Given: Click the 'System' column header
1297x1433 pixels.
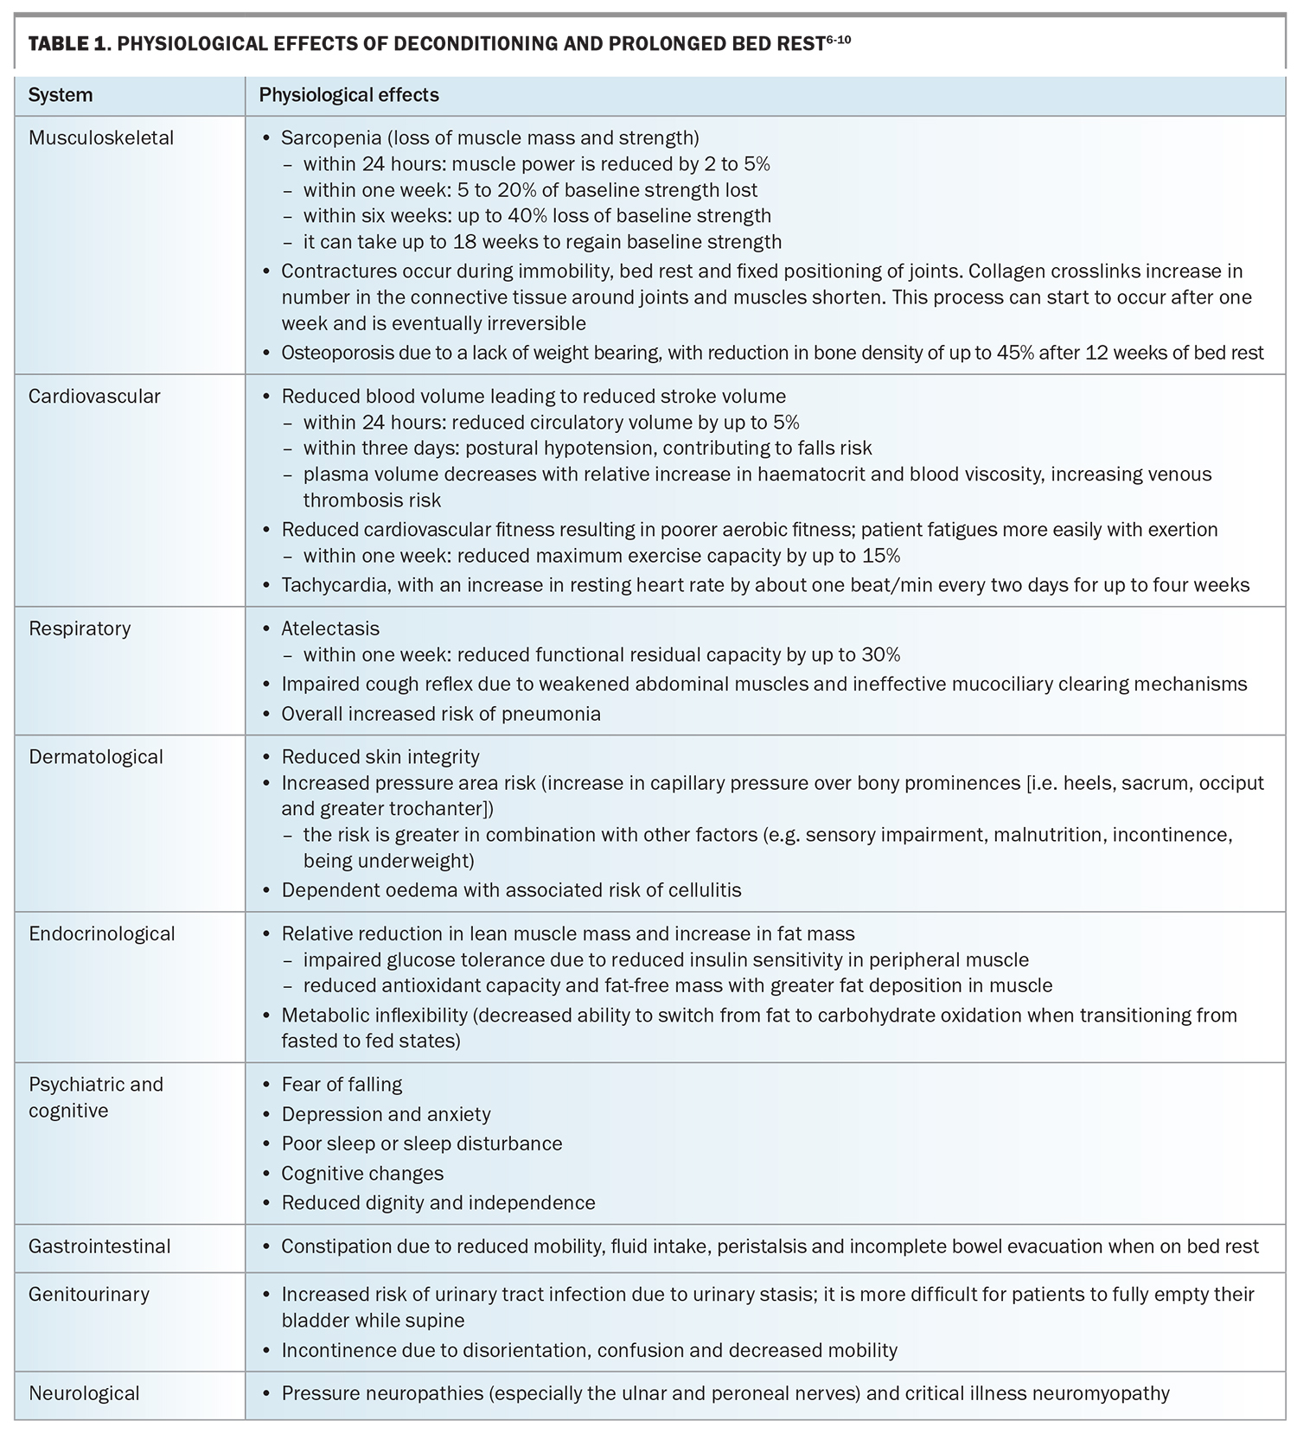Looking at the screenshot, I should click(x=61, y=95).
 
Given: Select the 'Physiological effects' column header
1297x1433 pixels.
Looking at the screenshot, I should click(x=348, y=95).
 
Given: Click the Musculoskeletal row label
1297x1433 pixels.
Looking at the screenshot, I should click(x=101, y=137).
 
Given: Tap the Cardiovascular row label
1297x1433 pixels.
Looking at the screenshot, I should click(x=94, y=396).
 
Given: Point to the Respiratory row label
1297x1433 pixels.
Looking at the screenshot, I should click(x=80, y=628).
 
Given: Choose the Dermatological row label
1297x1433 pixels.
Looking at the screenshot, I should click(x=96, y=756).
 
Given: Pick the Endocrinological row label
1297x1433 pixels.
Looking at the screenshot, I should click(x=102, y=933).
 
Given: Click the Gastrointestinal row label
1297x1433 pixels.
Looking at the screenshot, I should click(x=99, y=1245).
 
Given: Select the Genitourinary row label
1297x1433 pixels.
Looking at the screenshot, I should click(x=89, y=1294).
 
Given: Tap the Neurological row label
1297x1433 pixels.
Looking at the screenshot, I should click(x=84, y=1393).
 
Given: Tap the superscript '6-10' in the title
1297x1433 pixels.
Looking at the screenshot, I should click(x=838, y=39).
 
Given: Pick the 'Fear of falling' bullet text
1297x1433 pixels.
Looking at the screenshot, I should click(x=342, y=1084).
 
